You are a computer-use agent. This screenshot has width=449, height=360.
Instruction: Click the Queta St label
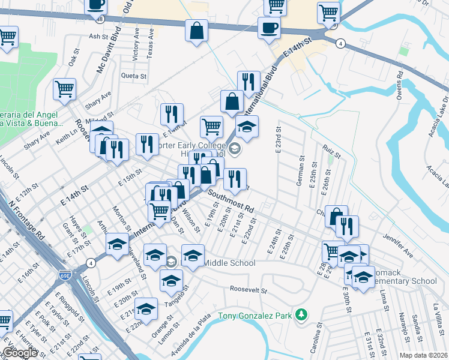[133, 76]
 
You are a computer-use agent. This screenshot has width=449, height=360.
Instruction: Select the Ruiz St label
[331, 150]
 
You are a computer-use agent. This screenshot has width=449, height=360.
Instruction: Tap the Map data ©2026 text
[424, 355]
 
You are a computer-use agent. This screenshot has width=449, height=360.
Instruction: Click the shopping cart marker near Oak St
[64, 89]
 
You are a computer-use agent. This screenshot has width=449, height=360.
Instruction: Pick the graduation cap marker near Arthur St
[117, 243]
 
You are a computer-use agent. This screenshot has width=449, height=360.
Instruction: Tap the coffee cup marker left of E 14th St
[269, 27]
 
